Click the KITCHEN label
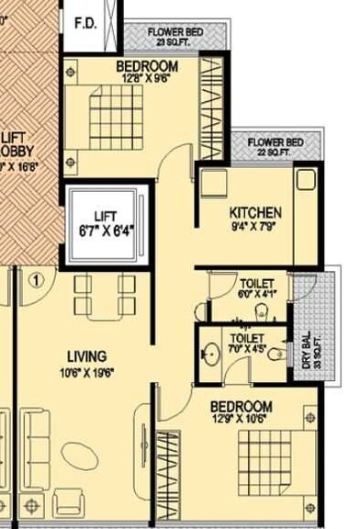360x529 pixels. (x=255, y=213)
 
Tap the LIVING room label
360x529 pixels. (x=86, y=356)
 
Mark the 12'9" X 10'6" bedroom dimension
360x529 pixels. (x=241, y=421)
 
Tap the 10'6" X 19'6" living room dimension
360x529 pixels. (x=87, y=372)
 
